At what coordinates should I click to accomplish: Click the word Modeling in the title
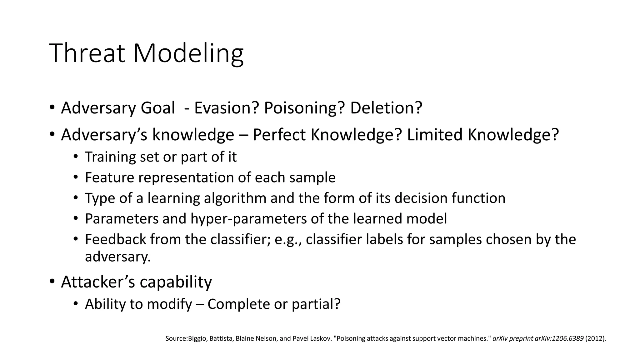188,54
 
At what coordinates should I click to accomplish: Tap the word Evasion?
227,108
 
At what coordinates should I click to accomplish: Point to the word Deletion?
386,108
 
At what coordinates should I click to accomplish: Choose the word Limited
435,135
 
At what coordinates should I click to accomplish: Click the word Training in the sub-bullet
110,157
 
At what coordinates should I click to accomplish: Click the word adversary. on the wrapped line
118,257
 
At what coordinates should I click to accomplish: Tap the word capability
176,282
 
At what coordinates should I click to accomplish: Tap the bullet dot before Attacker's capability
52,282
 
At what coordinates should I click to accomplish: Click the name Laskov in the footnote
323,338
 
